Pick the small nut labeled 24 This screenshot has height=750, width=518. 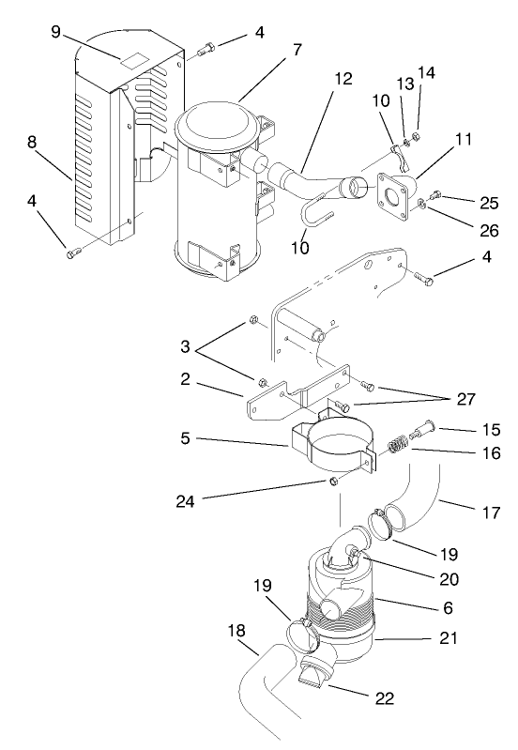[333, 483]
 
